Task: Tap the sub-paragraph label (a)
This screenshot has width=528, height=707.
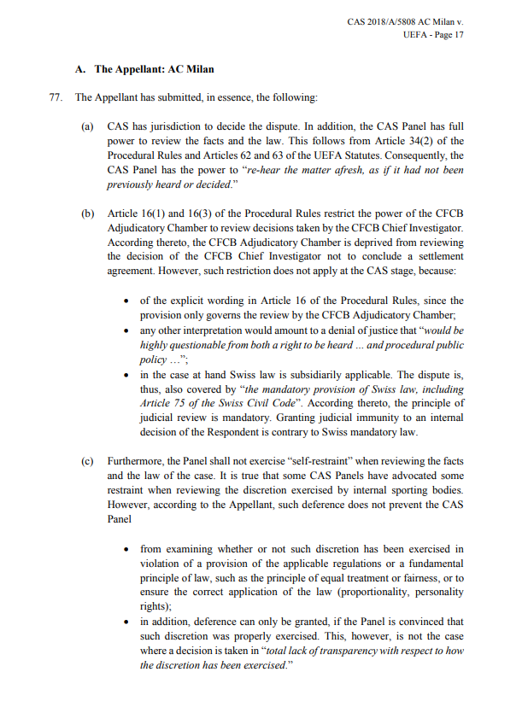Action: [87, 126]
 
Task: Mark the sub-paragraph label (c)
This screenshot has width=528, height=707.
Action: [87, 461]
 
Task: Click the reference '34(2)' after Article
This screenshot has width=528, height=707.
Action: [420, 141]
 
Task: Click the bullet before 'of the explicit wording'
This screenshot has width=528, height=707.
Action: [126, 301]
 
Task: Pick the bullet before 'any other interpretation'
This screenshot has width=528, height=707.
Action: [126, 330]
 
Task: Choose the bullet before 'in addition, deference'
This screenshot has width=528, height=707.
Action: [126, 622]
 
